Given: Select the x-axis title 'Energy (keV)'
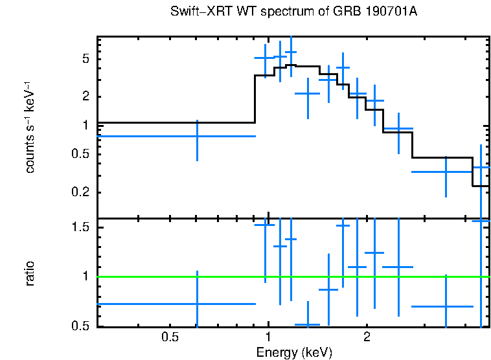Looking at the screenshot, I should [294, 352].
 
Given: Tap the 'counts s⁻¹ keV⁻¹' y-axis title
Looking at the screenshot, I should [30, 127].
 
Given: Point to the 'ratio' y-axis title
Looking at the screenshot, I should [30, 273].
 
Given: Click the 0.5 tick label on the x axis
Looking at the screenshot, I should [170, 337].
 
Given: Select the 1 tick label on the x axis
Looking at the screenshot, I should [268, 337].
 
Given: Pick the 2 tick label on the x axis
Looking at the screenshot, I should [367, 337].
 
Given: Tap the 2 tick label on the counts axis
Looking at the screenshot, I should [85, 97].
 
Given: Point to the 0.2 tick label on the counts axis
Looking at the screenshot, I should [80, 193].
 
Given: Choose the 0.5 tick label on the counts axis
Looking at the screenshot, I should [80, 154].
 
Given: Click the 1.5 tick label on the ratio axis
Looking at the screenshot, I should [80, 228].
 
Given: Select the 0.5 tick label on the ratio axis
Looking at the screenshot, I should [80, 326].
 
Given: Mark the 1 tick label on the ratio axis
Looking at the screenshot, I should [85, 276].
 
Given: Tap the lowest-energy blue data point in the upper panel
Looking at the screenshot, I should [197, 136].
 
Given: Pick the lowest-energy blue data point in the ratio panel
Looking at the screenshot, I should [197, 304].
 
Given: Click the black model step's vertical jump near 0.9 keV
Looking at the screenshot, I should [255, 98].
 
